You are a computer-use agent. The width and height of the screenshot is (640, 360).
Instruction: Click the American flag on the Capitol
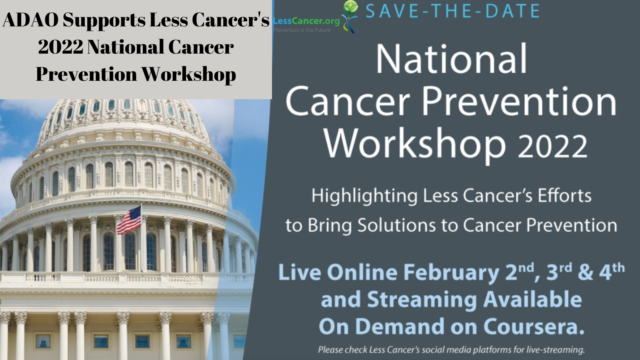pos(129,220)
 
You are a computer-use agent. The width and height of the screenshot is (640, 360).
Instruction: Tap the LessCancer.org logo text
pos(306,21)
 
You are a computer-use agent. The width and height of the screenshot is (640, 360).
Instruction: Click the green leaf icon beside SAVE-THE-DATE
pos(351,8)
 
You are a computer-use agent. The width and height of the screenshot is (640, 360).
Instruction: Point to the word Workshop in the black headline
pos(188,74)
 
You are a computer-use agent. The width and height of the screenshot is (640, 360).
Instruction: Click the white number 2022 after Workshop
pos(552,146)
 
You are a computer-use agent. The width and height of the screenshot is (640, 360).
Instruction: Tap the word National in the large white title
pos(452,60)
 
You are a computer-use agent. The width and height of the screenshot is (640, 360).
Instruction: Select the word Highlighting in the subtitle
pos(364,196)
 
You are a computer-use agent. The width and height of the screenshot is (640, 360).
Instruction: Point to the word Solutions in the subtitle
pos(396,225)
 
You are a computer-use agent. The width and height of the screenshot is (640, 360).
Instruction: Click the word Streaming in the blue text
pos(422,300)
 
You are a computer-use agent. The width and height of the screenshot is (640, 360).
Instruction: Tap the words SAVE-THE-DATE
pos(452,11)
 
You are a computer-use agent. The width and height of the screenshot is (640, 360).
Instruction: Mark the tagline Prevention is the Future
pos(302,30)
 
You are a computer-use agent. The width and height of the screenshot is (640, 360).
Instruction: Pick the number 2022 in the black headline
pos(60,47)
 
